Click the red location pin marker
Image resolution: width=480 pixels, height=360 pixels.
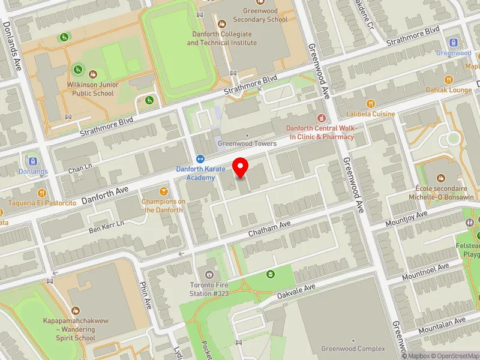point(241,167)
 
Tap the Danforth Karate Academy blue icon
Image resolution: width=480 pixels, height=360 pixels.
point(200,159)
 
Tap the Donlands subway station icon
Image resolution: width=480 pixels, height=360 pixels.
point(32,161)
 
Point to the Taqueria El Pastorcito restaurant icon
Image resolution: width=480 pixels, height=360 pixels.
point(41,193)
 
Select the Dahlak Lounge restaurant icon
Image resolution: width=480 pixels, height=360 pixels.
point(448,80)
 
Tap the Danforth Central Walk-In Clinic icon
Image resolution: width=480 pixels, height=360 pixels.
point(321,118)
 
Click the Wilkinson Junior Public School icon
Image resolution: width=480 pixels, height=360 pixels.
point(92,74)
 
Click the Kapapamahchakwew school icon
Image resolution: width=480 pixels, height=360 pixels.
point(76,311)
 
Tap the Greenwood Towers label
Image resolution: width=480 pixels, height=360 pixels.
point(247,143)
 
